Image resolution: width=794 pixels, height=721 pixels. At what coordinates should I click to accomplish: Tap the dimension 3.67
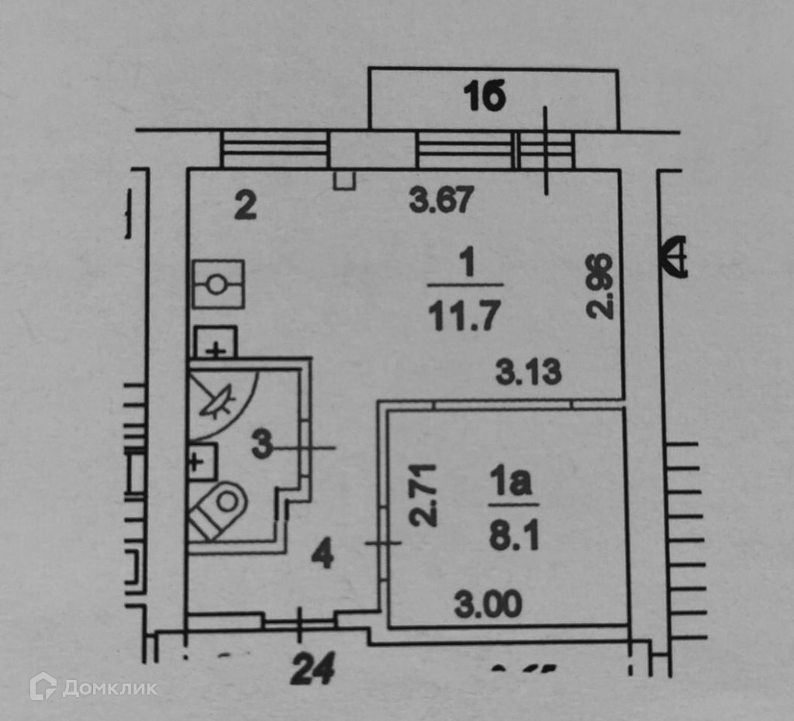tap(440, 202)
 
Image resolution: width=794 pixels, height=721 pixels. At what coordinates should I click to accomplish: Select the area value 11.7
tap(464, 316)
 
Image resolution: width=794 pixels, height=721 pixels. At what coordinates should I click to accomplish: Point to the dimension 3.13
tap(528, 374)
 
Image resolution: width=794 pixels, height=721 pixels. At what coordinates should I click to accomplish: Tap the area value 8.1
tap(509, 536)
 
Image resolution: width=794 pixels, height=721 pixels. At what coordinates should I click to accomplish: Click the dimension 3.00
tap(488, 604)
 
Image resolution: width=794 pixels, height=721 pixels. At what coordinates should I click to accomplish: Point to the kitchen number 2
tap(245, 207)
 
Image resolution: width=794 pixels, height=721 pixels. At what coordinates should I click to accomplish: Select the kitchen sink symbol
tap(218, 285)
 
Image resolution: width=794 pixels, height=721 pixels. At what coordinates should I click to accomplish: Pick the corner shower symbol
tap(220, 399)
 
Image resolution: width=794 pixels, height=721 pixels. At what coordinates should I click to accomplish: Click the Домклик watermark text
tap(109, 688)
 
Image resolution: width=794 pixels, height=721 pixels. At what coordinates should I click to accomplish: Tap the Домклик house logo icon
tap(43, 686)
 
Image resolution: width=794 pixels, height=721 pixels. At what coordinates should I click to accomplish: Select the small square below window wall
tap(343, 181)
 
